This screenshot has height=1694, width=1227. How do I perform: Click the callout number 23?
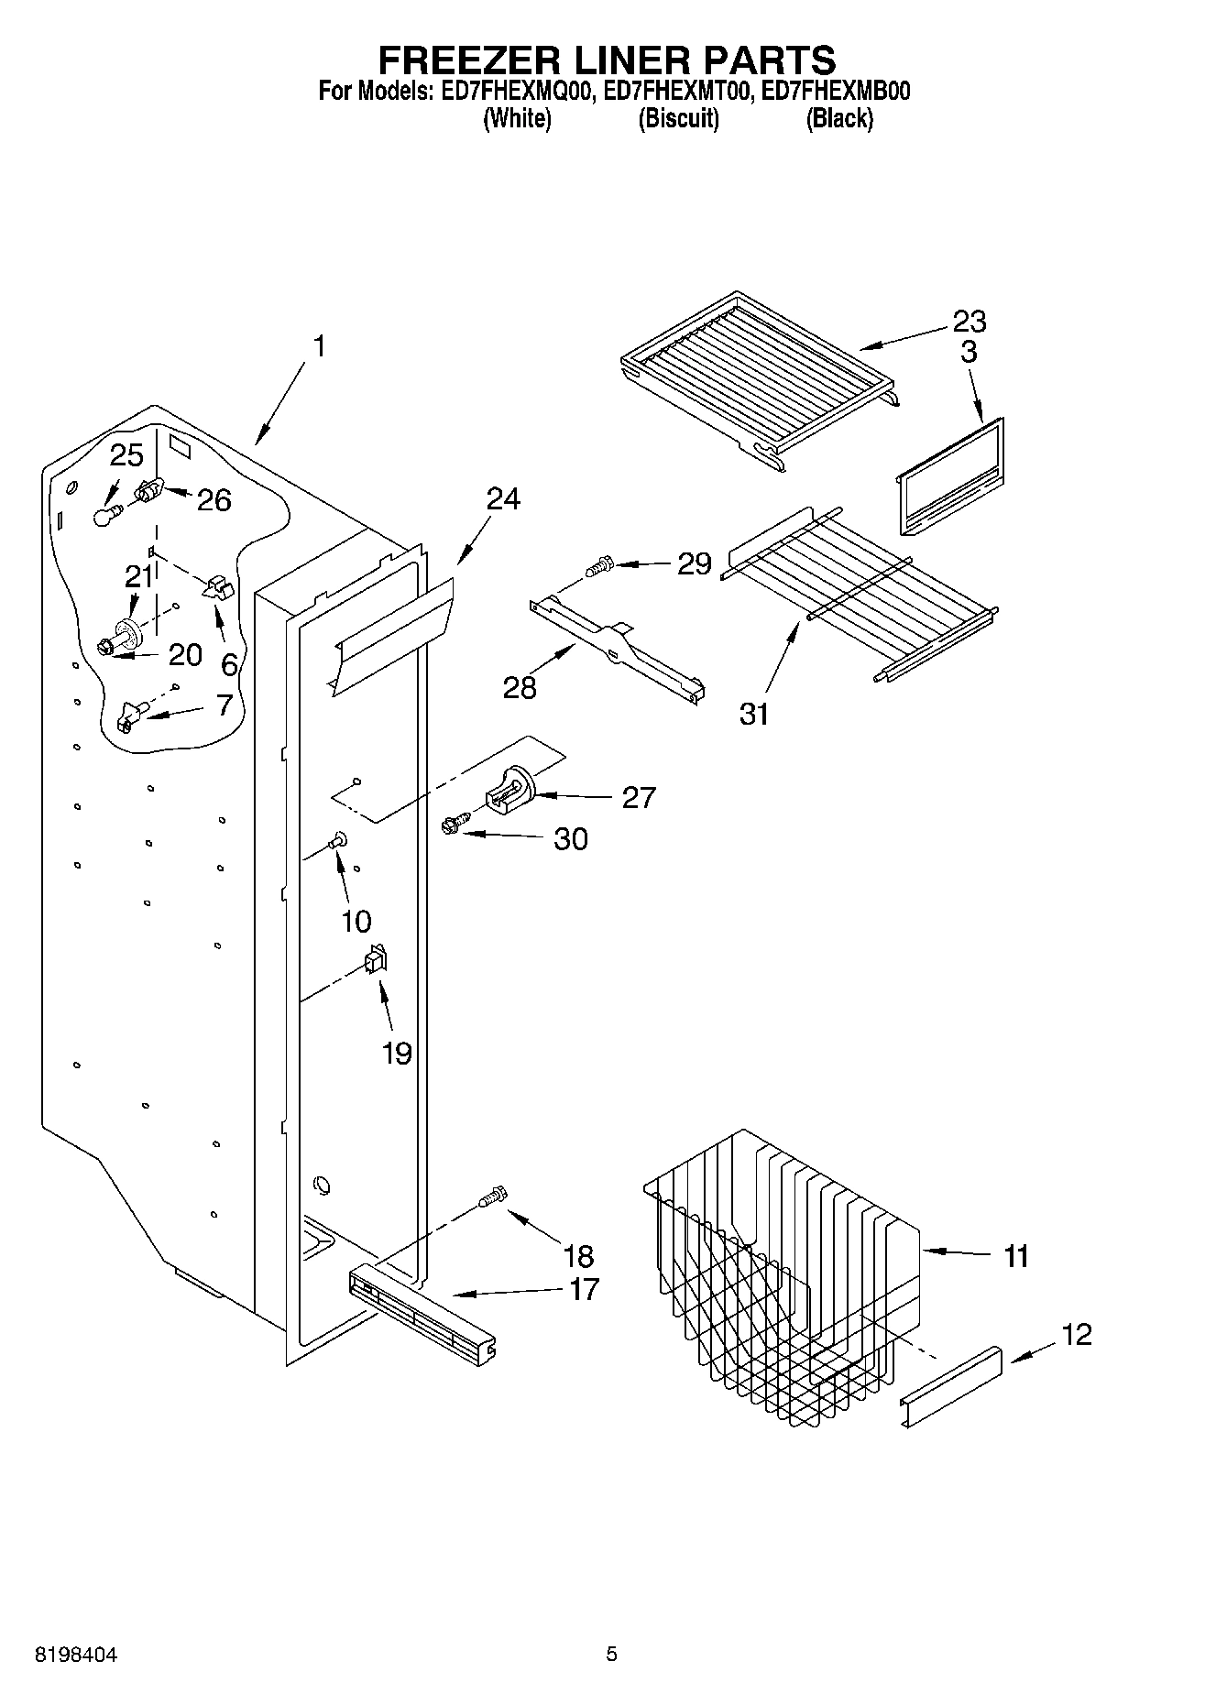click(969, 322)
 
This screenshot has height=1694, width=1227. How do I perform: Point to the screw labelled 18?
click(493, 1196)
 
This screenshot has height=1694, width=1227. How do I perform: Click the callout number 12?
click(1078, 1334)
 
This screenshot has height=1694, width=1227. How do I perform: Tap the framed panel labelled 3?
click(950, 476)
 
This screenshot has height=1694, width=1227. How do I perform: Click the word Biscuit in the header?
click(678, 118)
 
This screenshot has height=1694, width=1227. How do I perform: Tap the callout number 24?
click(502, 499)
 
